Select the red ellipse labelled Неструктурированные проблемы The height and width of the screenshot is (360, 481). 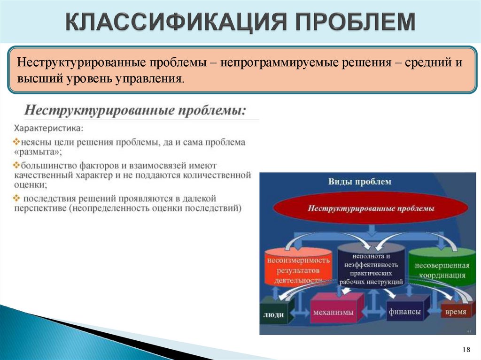point(371,208)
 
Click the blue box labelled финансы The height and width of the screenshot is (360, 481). point(404,311)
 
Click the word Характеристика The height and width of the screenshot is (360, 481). point(49,128)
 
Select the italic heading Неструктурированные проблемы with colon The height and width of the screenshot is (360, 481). point(135,111)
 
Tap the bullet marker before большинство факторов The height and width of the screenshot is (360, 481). point(17,165)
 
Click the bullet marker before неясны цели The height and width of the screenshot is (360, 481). point(17,141)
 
